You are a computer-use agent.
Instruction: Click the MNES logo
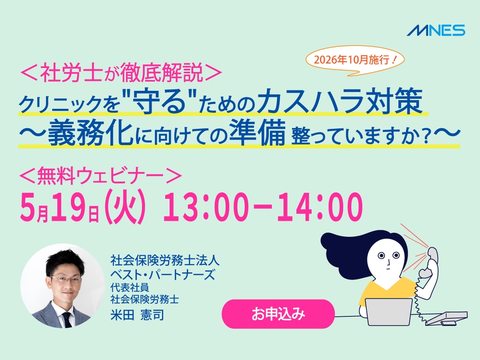click(x=436, y=30)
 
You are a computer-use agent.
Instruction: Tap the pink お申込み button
click(x=278, y=314)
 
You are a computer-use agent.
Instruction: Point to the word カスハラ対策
click(x=340, y=101)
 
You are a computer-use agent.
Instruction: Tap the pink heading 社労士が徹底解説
click(x=121, y=73)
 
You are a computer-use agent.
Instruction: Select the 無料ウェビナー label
click(x=101, y=176)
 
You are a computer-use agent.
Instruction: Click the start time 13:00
click(x=205, y=207)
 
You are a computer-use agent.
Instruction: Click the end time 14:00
click(x=320, y=207)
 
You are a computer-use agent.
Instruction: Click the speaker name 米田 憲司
click(x=137, y=315)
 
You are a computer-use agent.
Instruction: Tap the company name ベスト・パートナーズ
click(x=163, y=275)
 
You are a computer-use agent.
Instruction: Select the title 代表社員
click(x=130, y=287)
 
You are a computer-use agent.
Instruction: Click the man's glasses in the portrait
click(x=65, y=279)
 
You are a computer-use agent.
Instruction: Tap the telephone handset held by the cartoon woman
click(x=430, y=262)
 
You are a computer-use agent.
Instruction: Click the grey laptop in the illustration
click(x=389, y=312)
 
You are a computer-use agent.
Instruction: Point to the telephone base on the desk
click(x=447, y=318)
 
